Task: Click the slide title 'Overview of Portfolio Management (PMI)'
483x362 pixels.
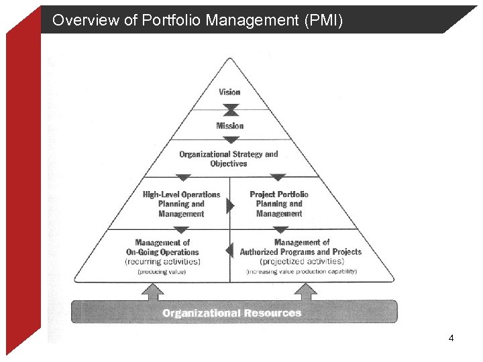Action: coord(197,21)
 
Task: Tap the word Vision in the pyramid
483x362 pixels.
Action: coord(229,92)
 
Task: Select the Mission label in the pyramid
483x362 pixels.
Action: coord(229,125)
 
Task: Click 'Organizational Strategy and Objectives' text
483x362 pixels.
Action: coord(228,159)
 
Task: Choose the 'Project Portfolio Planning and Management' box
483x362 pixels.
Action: coord(279,204)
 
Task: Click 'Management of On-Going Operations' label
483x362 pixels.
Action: coord(162,247)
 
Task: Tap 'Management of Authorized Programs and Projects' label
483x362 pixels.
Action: coord(301,247)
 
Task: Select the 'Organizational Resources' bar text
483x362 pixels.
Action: coord(232,313)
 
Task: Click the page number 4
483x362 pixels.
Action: coord(451,338)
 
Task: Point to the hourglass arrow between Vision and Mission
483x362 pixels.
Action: coord(230,109)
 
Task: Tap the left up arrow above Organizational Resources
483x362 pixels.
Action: coord(152,291)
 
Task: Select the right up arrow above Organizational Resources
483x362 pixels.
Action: coord(305,291)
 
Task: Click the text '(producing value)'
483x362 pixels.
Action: coord(162,271)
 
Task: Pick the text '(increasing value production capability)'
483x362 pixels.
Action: coord(301,271)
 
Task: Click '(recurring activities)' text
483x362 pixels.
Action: coord(162,261)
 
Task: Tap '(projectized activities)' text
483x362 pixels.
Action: coord(301,261)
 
